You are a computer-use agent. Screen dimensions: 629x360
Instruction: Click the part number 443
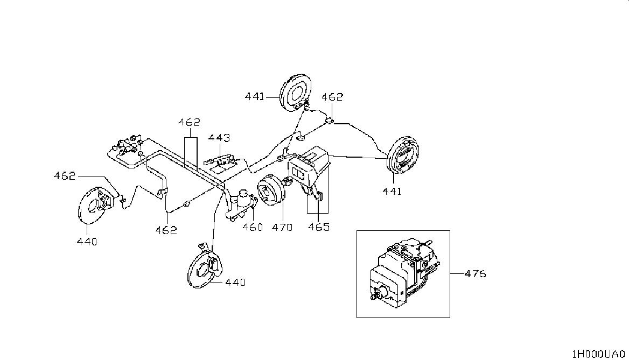click(x=219, y=138)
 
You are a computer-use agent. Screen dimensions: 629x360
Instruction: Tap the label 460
click(x=253, y=227)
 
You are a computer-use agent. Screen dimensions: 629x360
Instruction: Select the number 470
click(x=282, y=227)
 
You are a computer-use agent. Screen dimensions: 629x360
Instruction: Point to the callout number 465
click(x=319, y=227)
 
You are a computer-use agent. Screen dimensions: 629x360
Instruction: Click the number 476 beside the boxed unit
click(x=475, y=274)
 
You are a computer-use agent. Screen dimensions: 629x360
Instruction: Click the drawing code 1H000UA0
click(x=598, y=354)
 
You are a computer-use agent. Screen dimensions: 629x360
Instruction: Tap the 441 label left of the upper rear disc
click(x=255, y=97)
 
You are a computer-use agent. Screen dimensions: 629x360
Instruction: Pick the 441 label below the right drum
click(x=392, y=191)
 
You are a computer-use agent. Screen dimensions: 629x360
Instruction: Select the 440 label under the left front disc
click(x=87, y=242)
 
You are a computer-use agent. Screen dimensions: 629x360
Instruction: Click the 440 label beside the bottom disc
click(x=235, y=282)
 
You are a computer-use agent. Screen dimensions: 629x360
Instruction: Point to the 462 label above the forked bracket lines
click(x=189, y=122)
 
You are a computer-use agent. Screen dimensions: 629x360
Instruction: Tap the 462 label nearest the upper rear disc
click(x=333, y=97)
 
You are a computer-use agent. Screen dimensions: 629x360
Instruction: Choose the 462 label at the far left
click(x=65, y=176)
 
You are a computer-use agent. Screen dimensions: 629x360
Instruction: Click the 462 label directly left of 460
click(x=166, y=230)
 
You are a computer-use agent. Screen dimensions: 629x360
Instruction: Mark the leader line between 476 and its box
click(x=457, y=274)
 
